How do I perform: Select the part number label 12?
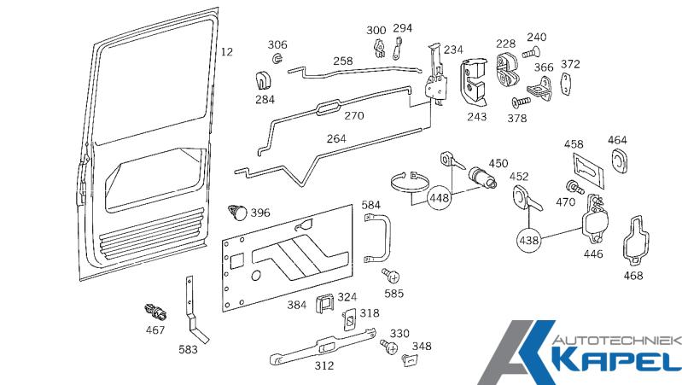click(226, 52)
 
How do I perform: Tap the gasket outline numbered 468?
click(634, 239)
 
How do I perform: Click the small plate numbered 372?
click(566, 85)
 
